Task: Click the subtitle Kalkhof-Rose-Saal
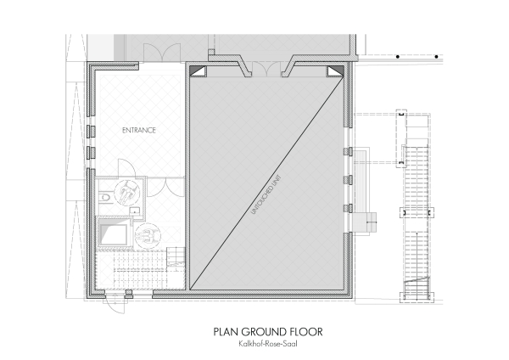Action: (254, 343)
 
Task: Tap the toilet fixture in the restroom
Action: (103, 198)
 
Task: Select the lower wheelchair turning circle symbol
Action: (149, 234)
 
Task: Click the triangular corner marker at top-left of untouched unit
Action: (195, 72)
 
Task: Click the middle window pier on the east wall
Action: (347, 179)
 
